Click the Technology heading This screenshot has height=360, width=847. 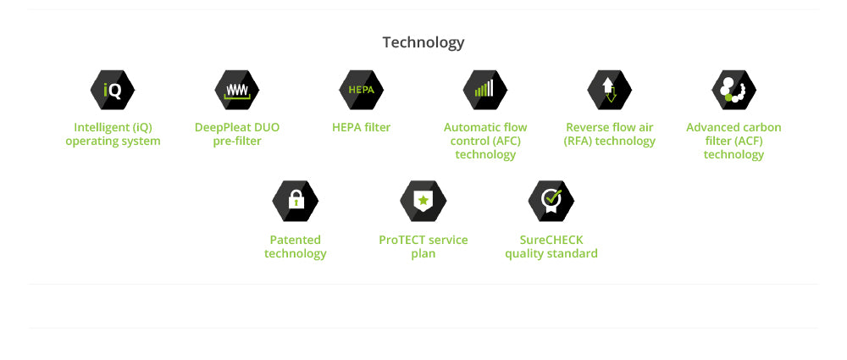(423, 42)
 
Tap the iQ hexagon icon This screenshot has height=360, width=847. (113, 91)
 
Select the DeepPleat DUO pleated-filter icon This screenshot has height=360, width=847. (236, 91)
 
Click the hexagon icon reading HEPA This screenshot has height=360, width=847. (361, 91)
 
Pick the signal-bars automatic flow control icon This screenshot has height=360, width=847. (485, 91)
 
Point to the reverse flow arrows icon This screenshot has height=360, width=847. (609, 91)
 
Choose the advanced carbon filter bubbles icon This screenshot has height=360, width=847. (734, 91)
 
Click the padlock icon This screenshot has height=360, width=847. (295, 201)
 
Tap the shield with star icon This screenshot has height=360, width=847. (423, 201)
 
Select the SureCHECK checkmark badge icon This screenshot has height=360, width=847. (551, 201)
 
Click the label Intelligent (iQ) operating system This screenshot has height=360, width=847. (113, 135)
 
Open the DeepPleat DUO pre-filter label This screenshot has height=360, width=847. (237, 135)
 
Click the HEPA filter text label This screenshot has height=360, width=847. (362, 128)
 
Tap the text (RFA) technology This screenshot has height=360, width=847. (609, 141)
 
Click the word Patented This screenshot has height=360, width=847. (295, 240)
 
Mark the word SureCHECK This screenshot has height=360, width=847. (551, 240)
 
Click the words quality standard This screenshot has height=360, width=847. (551, 253)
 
